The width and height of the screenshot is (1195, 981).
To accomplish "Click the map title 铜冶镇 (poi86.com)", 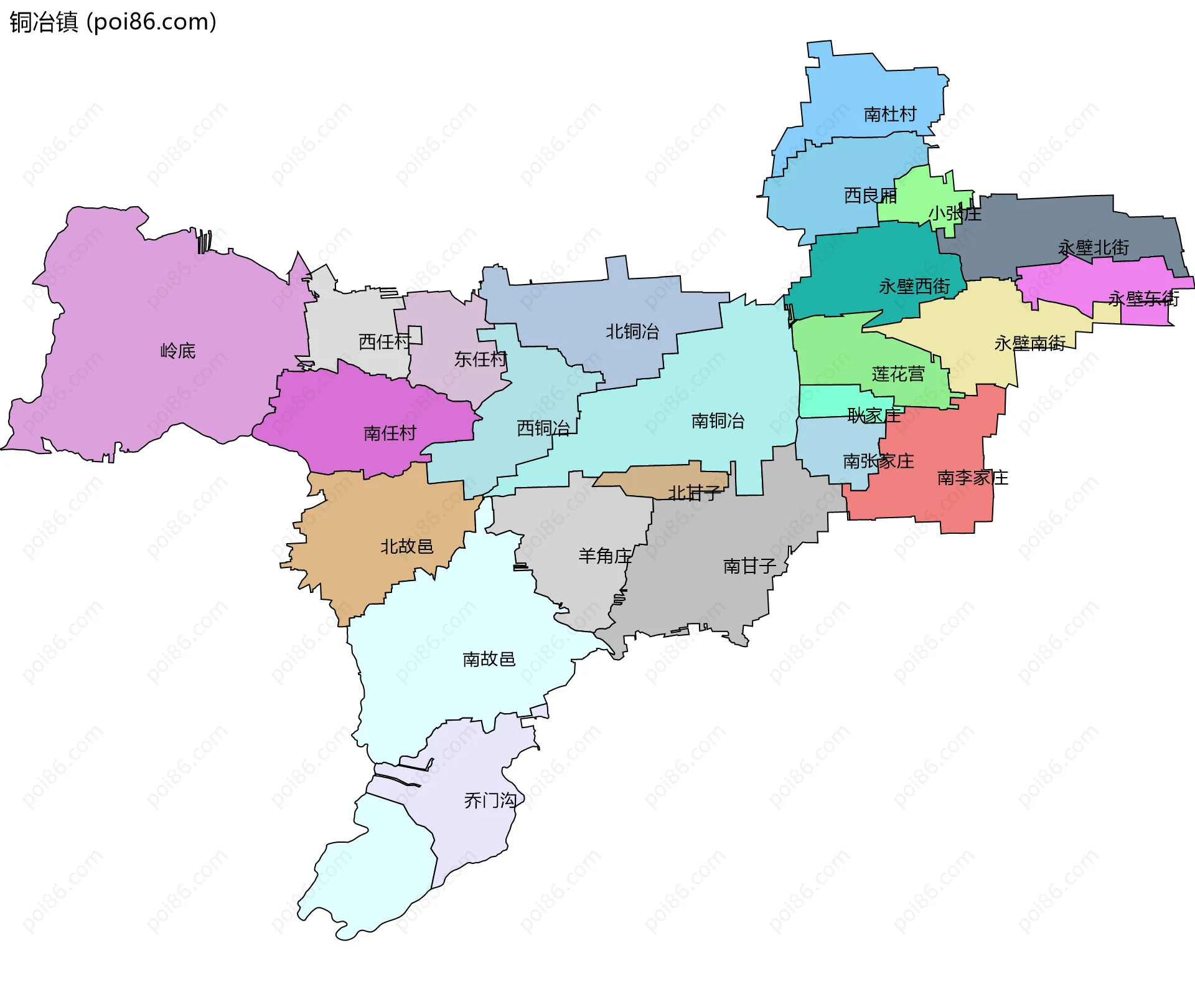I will tap(113, 22).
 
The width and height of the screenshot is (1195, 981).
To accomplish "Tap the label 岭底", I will tap(178, 351).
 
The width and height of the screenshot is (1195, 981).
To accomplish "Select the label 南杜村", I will tap(890, 114).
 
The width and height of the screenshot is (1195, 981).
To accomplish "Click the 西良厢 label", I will tap(870, 196).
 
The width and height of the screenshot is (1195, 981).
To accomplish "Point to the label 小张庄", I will tap(955, 214).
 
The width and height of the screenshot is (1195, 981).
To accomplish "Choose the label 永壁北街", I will tap(1094, 248).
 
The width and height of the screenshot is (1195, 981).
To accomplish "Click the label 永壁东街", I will tap(1143, 299).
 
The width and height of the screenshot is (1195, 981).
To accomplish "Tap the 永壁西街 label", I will tap(914, 287).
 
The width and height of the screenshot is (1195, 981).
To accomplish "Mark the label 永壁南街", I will tap(1030, 343).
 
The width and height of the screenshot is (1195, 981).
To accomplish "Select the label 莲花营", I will tap(898, 374).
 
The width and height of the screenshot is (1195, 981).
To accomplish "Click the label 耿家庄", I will tap(874, 415).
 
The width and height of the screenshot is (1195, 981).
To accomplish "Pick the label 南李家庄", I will tap(973, 478).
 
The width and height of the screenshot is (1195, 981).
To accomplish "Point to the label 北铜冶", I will tap(632, 331).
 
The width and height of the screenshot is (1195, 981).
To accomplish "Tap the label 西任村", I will tap(385, 341).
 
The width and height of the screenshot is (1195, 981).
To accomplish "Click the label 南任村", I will tap(390, 433).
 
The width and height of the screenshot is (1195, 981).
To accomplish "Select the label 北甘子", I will tap(694, 493).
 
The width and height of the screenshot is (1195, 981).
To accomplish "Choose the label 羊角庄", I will tap(605, 556).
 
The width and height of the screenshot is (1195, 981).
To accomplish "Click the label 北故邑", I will tap(406, 546).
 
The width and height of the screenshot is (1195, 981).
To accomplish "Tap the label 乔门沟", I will tap(490, 800).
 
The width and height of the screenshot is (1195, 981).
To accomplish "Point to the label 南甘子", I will tap(749, 566).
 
